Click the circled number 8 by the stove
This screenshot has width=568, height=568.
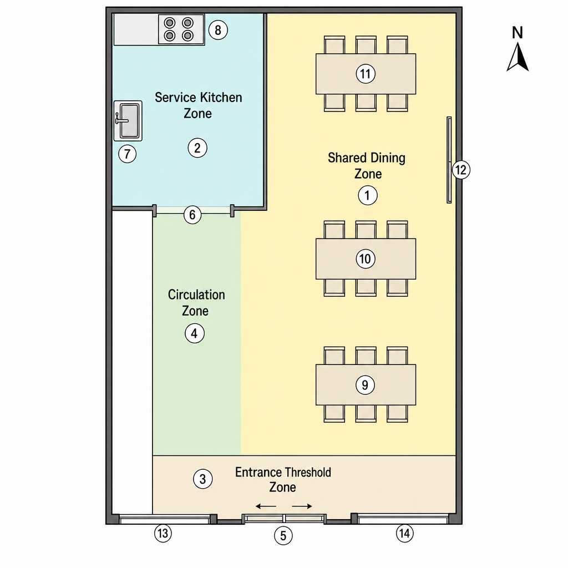[218, 30]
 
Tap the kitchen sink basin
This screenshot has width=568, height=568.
[128, 120]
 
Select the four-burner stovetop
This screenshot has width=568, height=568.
[181, 29]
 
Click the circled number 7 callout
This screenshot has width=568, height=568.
[127, 154]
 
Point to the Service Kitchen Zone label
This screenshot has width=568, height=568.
[198, 105]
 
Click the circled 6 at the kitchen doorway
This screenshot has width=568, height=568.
[192, 215]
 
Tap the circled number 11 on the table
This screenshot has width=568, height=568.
[366, 74]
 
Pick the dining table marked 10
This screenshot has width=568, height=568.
[366, 258]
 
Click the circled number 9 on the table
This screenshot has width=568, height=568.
[365, 385]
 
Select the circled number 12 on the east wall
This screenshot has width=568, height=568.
[461, 170]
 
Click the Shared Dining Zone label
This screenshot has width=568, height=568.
[367, 165]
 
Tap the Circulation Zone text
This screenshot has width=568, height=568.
[196, 302]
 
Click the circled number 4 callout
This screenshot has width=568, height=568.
[195, 333]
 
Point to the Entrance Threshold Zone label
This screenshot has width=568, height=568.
[283, 480]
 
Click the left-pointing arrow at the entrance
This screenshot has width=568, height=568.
[266, 506]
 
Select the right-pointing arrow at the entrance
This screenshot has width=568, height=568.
[302, 506]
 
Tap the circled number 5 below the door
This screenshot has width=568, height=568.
[283, 536]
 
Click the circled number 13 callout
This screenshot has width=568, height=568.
[163, 533]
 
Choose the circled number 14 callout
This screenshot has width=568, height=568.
[404, 533]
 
